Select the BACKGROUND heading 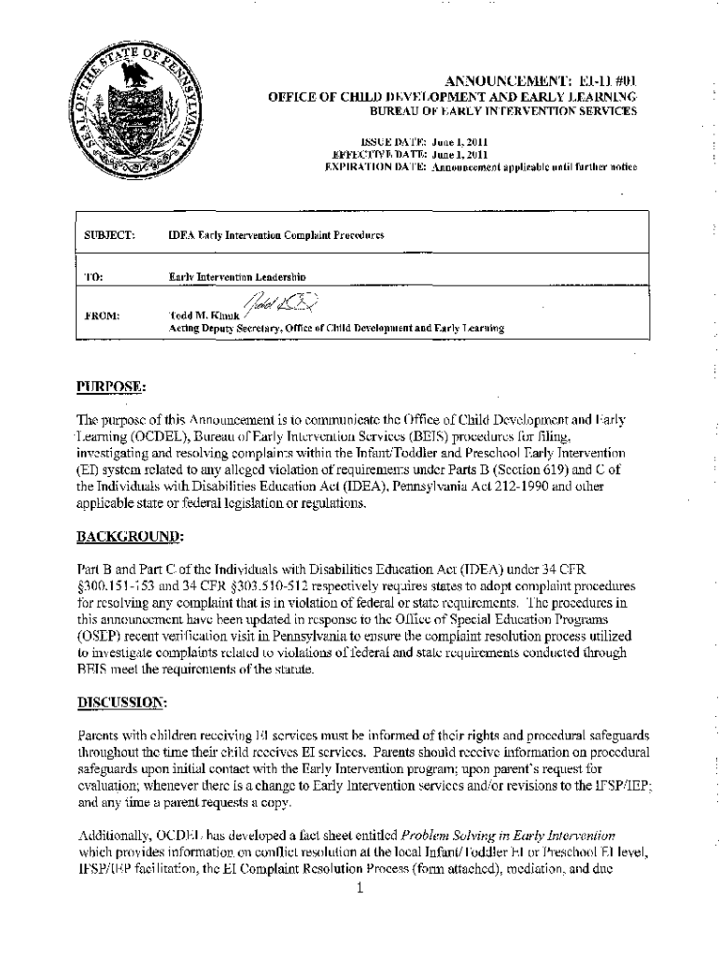[131, 537]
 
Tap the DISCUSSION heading [123, 700]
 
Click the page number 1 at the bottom [359, 888]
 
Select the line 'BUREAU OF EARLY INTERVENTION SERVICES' [504, 111]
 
